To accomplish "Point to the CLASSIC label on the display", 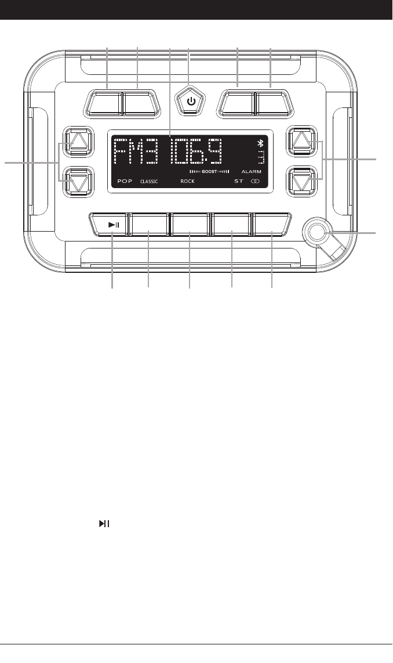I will (148, 181).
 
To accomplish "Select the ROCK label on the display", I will (187, 181).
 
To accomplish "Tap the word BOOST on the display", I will (209, 172).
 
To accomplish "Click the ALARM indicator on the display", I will (252, 172).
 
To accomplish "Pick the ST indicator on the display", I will (238, 181).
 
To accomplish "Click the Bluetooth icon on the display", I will (260, 144).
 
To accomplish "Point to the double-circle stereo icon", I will (255, 181).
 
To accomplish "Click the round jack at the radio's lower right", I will (317, 232).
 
